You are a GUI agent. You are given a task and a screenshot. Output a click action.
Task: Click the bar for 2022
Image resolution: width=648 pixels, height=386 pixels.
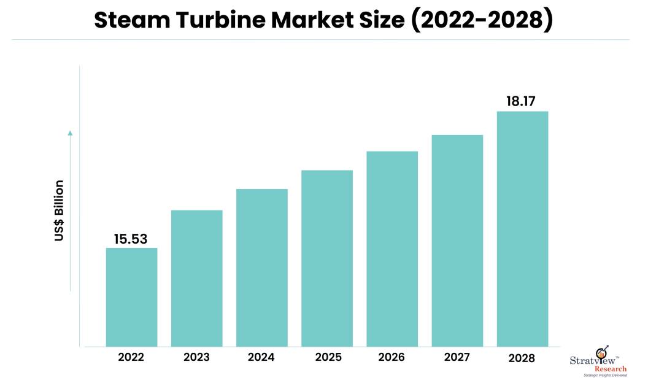[x=131, y=297]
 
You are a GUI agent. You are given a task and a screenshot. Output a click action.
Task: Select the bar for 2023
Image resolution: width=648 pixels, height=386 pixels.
[x=196, y=278]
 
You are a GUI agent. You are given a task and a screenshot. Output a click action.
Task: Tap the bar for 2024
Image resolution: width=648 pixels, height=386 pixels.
[x=261, y=268]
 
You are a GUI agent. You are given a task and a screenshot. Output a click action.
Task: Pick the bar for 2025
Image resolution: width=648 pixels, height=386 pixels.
[x=327, y=258]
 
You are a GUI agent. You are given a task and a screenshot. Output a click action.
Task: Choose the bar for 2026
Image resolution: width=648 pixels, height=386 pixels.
[x=392, y=249]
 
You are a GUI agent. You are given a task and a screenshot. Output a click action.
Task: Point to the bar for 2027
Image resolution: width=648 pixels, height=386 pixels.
[x=457, y=241]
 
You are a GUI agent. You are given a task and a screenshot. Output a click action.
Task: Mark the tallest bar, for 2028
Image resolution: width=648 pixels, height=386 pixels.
[x=522, y=229]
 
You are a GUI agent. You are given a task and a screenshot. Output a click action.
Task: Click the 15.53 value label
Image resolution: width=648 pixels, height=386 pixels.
[x=131, y=239]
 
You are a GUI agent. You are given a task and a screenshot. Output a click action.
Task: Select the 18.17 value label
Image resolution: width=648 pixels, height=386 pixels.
[x=522, y=101]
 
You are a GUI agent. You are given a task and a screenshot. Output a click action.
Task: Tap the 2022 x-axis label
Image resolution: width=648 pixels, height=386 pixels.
[x=131, y=358]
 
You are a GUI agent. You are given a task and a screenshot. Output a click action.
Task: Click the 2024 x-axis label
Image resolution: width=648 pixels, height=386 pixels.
[x=261, y=358]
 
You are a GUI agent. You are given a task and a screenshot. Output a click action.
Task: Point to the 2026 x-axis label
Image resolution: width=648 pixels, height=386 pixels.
[x=392, y=358]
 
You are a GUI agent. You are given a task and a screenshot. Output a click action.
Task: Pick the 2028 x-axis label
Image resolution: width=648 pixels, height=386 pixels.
[x=522, y=358]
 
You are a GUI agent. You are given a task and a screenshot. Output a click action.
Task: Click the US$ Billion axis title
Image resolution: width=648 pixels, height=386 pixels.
[x=59, y=210]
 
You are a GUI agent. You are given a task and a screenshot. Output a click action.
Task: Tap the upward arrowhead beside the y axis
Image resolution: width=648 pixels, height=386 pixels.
[x=70, y=132]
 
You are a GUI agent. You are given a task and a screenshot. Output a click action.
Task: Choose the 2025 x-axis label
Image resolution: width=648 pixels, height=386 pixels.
[x=326, y=358]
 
